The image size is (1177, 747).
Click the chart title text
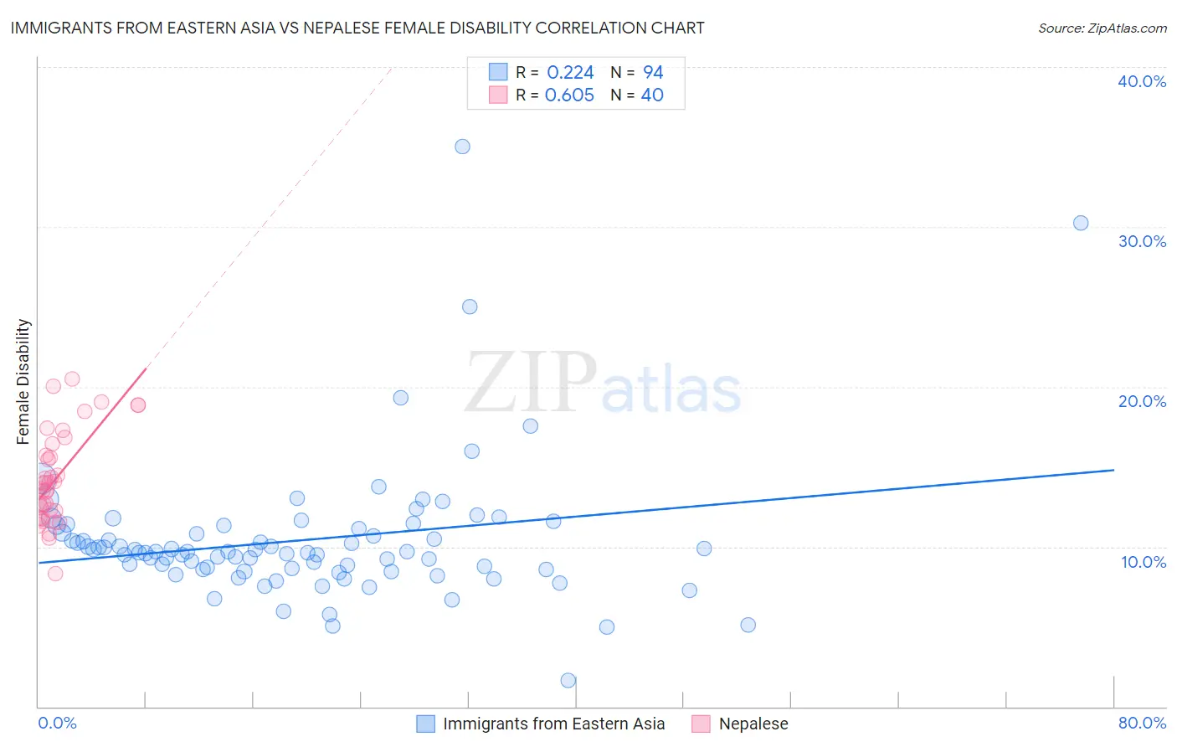click(357, 28)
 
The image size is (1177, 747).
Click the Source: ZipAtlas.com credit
click(1102, 28)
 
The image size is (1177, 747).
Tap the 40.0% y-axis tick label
click(1142, 81)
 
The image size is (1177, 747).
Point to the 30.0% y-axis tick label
click(1142, 241)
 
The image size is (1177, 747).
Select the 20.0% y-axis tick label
click(1142, 401)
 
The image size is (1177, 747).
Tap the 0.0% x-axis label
click(57, 723)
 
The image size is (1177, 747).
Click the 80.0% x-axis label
click(1142, 723)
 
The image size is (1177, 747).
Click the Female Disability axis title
click(23, 381)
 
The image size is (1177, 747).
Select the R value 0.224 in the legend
click(570, 73)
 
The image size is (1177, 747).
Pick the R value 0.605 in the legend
click(569, 95)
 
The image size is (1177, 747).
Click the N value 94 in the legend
click(653, 73)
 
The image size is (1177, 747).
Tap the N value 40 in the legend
click(652, 95)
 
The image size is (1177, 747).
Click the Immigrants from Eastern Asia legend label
click(553, 724)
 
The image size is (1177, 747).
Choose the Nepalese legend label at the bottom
click(753, 724)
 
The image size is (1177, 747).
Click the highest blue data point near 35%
click(462, 147)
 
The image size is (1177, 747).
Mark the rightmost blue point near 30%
click(1081, 223)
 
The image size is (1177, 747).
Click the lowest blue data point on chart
click(568, 680)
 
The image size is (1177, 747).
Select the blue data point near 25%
click(470, 307)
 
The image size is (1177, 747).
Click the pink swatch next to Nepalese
click(701, 724)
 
